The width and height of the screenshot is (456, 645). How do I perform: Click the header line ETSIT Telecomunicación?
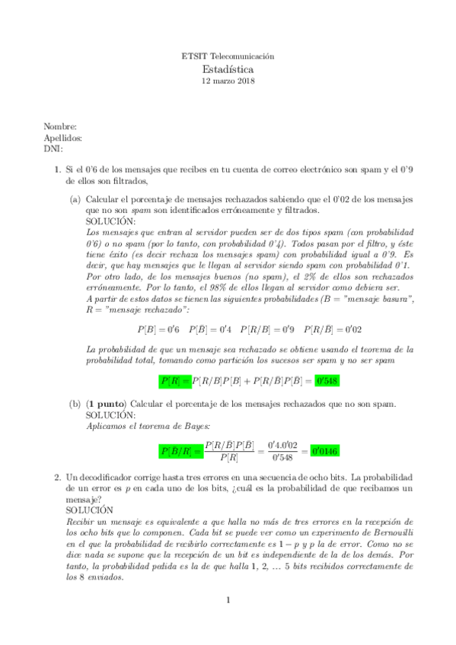point(228,56)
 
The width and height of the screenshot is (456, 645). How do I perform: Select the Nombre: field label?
point(59,127)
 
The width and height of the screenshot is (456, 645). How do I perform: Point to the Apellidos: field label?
point(63,138)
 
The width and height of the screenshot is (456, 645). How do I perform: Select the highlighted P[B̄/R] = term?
point(180,450)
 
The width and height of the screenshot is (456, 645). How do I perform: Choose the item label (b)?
point(75,404)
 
